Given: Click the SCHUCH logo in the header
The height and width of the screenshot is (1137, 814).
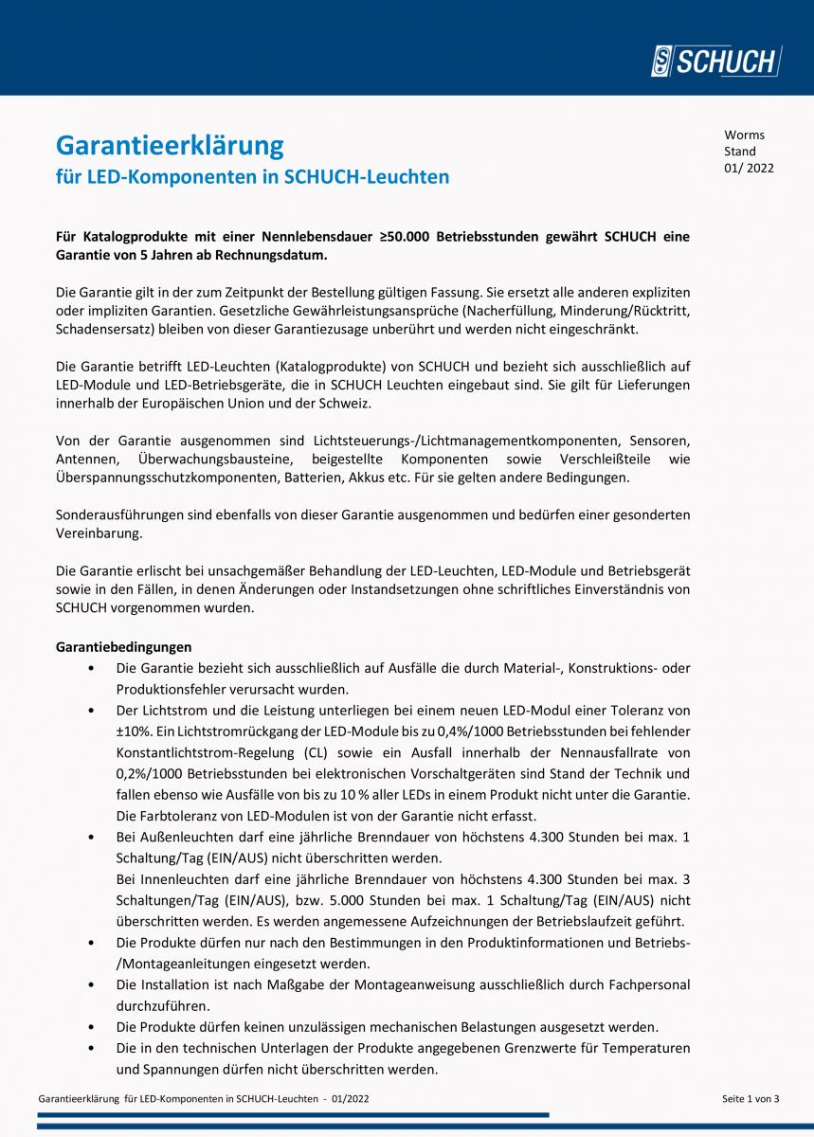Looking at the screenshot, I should point(715,62).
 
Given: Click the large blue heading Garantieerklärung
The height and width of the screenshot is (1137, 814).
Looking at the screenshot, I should point(170,145).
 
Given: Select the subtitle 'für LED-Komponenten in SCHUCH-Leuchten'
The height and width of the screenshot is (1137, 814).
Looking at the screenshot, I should point(252,177).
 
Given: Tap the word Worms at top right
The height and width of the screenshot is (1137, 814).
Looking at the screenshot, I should point(744,135).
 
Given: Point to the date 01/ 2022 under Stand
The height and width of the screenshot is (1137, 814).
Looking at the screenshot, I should point(749,169).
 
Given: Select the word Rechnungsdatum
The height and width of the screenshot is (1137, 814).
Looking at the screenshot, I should point(276,255).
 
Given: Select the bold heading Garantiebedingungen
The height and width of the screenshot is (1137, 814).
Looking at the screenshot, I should point(123,647).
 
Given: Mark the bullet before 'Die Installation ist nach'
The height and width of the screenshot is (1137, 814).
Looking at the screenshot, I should point(90,985).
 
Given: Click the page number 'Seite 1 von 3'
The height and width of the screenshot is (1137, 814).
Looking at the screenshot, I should point(750,1098).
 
